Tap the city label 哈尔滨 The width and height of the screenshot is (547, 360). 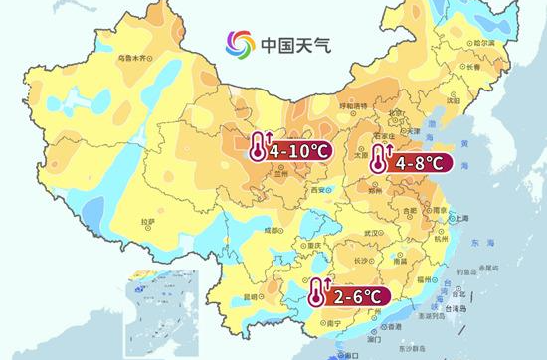pos(484,43)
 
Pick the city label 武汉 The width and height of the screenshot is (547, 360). pos(374,232)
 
